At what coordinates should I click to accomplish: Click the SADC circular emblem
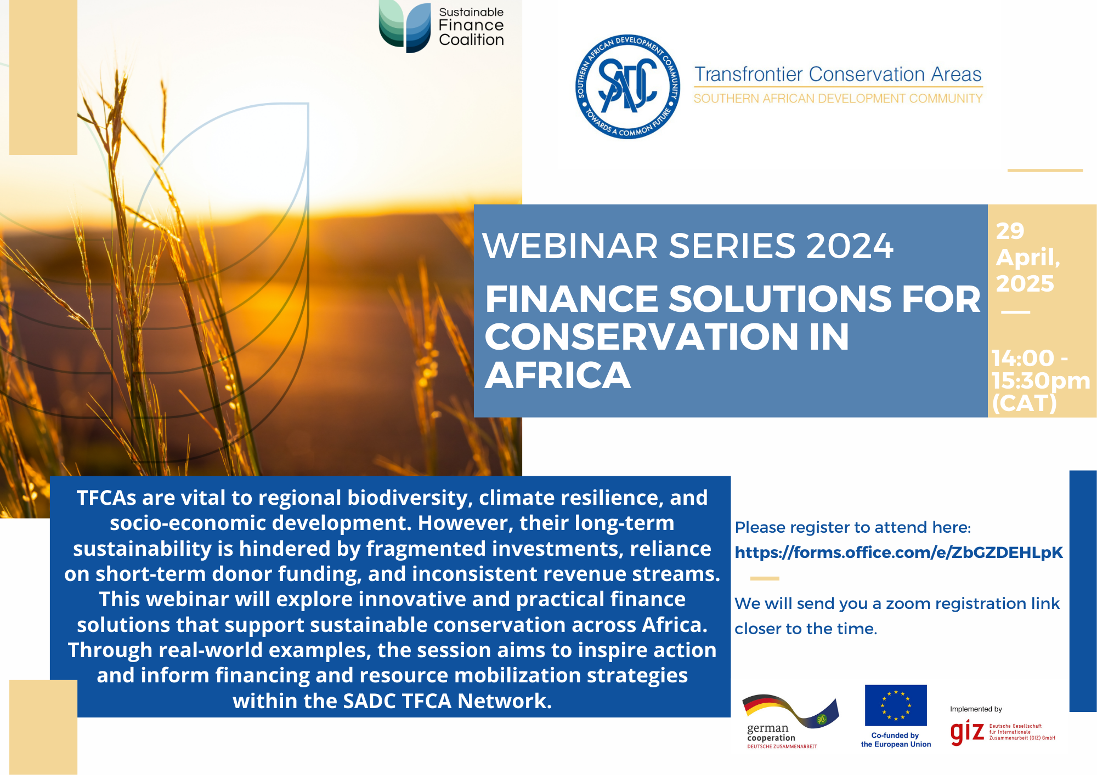pyautogui.click(x=628, y=87)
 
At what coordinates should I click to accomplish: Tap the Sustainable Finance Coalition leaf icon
pyautogui.click(x=405, y=26)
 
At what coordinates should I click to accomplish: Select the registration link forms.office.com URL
pyautogui.click(x=898, y=552)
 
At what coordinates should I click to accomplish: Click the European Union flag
pyautogui.click(x=896, y=705)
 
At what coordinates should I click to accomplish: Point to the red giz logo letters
pyautogui.click(x=967, y=733)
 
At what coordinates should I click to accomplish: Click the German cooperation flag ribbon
pyautogui.click(x=790, y=710)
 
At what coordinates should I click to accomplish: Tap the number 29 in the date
pyautogui.click(x=1010, y=231)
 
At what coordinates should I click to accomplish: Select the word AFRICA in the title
pyautogui.click(x=558, y=376)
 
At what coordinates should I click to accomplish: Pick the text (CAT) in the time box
pyautogui.click(x=1024, y=403)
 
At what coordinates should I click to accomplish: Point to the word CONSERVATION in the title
pyautogui.click(x=642, y=337)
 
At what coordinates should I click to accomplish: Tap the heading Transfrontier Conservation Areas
pyautogui.click(x=838, y=74)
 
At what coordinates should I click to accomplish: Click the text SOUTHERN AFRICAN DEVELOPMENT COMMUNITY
pyautogui.click(x=838, y=99)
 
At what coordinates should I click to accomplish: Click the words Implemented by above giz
pyautogui.click(x=976, y=709)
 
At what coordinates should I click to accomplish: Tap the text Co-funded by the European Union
pyautogui.click(x=896, y=740)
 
